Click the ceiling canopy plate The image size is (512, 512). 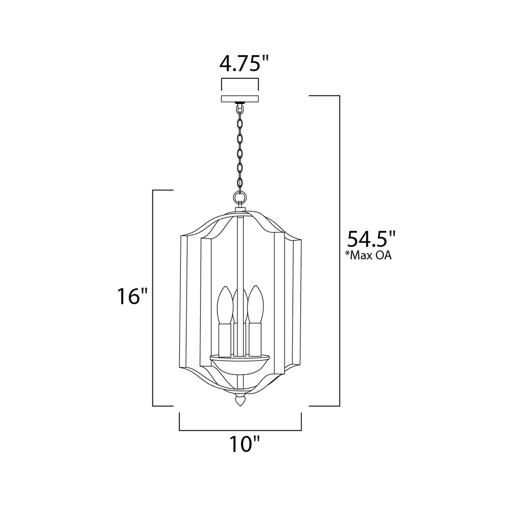(x=240, y=99)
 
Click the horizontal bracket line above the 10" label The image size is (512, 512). (x=240, y=430)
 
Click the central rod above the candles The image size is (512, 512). (x=240, y=248)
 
